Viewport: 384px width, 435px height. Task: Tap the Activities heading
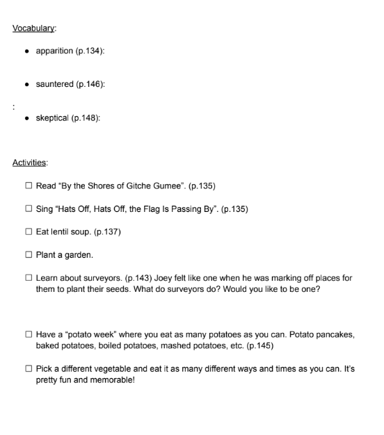click(30, 163)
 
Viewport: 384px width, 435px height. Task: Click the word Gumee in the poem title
click(170, 186)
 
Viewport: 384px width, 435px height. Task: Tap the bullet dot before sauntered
click(26, 85)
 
